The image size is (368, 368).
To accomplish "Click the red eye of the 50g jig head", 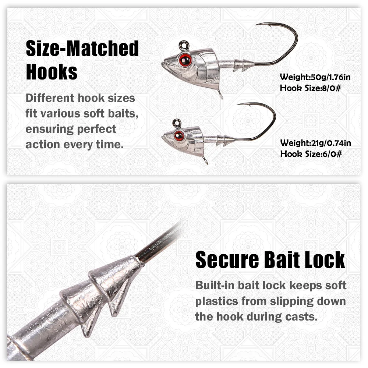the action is click(x=185, y=60).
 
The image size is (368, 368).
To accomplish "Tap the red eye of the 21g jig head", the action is click(x=179, y=136).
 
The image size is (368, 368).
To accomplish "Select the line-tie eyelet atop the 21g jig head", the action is click(x=177, y=123).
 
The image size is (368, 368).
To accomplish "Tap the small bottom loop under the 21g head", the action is click(x=205, y=161).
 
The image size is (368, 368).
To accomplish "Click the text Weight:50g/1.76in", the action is click(x=315, y=77).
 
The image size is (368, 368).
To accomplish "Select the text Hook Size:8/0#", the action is click(x=311, y=88).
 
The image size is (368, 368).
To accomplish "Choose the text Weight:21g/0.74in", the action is click(x=315, y=143).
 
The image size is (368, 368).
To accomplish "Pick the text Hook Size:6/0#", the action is click(x=311, y=154).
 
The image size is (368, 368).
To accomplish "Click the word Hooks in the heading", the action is click(x=52, y=72).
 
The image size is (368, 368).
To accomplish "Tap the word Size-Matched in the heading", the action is click(x=82, y=48).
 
